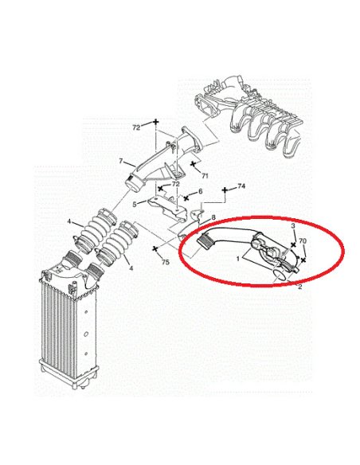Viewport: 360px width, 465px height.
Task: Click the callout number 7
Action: pyautogui.click(x=121, y=162)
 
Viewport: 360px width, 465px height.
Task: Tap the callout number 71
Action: pyautogui.click(x=205, y=176)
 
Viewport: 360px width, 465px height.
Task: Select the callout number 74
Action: pyautogui.click(x=241, y=186)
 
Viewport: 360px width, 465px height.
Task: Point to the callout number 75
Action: pyautogui.click(x=166, y=262)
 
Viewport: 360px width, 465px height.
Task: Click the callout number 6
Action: pyautogui.click(x=201, y=192)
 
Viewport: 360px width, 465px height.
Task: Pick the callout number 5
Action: pyautogui.click(x=135, y=205)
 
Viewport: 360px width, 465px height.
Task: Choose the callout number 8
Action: pyautogui.click(x=213, y=218)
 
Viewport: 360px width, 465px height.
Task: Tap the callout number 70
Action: pyautogui.click(x=303, y=241)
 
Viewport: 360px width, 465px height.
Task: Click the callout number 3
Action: pyautogui.click(x=293, y=226)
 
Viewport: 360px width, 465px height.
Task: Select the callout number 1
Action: pyautogui.click(x=238, y=259)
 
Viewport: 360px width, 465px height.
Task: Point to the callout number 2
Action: pyautogui.click(x=300, y=287)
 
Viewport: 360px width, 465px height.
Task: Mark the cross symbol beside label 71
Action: pyautogui.click(x=193, y=163)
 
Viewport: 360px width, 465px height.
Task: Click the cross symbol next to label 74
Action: pyautogui.click(x=225, y=190)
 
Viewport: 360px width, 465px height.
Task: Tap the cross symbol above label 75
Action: pyautogui.click(x=155, y=249)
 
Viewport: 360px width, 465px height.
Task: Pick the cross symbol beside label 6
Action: pyautogui.click(x=186, y=197)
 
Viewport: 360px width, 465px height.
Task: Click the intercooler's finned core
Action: pyautogui.click(x=62, y=332)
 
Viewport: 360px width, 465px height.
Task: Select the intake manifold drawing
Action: pyautogui.click(x=252, y=115)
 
